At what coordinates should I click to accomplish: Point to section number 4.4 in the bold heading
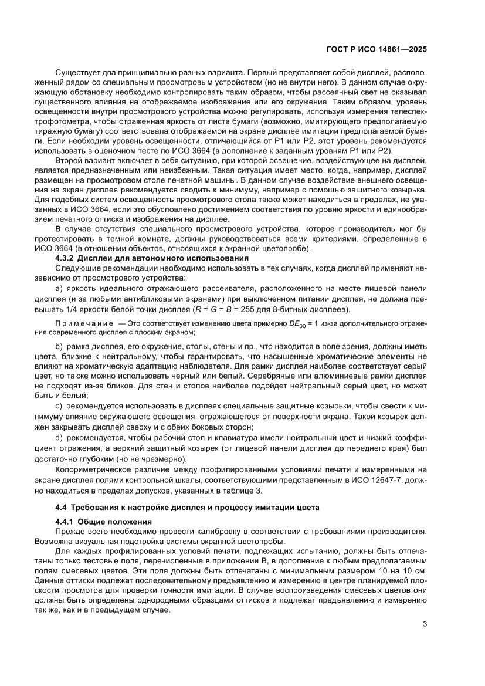point(60,508)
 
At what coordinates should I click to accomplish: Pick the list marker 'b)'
point(59,347)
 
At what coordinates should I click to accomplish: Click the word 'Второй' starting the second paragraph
point(68,160)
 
